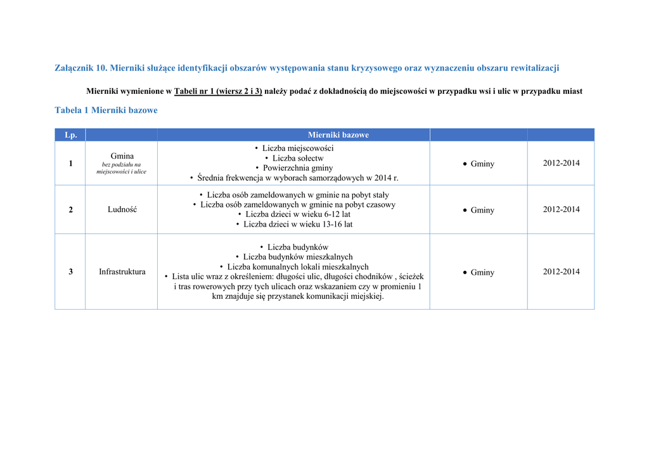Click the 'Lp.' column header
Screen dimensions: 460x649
click(x=70, y=135)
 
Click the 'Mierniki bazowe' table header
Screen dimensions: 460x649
click(x=338, y=135)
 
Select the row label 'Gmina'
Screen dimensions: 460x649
click(x=122, y=155)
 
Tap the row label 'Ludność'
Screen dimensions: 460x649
click(x=122, y=210)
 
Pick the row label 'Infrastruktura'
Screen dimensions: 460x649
click(x=122, y=272)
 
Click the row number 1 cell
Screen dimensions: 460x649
click(x=70, y=164)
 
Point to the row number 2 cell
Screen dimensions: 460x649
click(x=70, y=210)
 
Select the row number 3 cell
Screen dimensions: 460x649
click(x=70, y=272)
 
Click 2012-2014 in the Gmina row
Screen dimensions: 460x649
click(x=561, y=163)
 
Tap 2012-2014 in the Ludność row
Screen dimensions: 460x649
click(x=561, y=209)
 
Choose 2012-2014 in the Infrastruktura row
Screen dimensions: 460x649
click(x=561, y=272)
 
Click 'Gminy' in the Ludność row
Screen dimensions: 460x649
click(x=482, y=210)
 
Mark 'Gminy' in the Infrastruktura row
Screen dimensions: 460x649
click(x=482, y=272)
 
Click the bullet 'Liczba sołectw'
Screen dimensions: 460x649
click(x=298, y=158)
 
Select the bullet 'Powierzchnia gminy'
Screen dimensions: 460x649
click(x=298, y=168)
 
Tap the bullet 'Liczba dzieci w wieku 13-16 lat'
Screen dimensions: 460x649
click(x=298, y=224)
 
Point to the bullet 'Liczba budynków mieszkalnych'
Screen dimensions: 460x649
click(x=298, y=257)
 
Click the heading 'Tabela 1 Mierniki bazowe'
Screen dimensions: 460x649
click(x=106, y=110)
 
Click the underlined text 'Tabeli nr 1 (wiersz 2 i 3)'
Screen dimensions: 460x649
click(x=218, y=91)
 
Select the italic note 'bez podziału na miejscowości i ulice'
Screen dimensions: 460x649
click(x=122, y=168)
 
